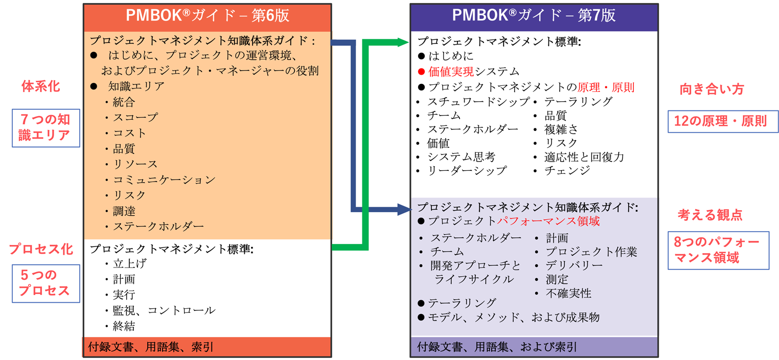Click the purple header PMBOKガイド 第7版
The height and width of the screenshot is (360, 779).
tap(534, 15)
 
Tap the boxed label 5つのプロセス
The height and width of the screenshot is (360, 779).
tap(45, 283)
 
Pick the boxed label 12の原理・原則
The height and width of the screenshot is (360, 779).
tap(719, 121)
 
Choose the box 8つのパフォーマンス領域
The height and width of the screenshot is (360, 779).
tap(718, 250)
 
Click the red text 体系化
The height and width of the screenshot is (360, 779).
tap(40, 86)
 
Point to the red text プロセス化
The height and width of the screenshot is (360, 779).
tap(41, 250)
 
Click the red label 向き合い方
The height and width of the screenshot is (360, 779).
tap(711, 89)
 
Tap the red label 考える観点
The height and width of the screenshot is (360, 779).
tap(710, 215)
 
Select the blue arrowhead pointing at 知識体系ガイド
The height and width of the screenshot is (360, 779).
tap(404, 209)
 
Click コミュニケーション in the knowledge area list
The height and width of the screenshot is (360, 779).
tap(164, 179)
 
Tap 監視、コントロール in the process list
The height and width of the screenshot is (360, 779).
tap(164, 310)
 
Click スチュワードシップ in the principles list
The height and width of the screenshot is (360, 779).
tap(477, 102)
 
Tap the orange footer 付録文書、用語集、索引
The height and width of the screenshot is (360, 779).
tap(148, 347)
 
